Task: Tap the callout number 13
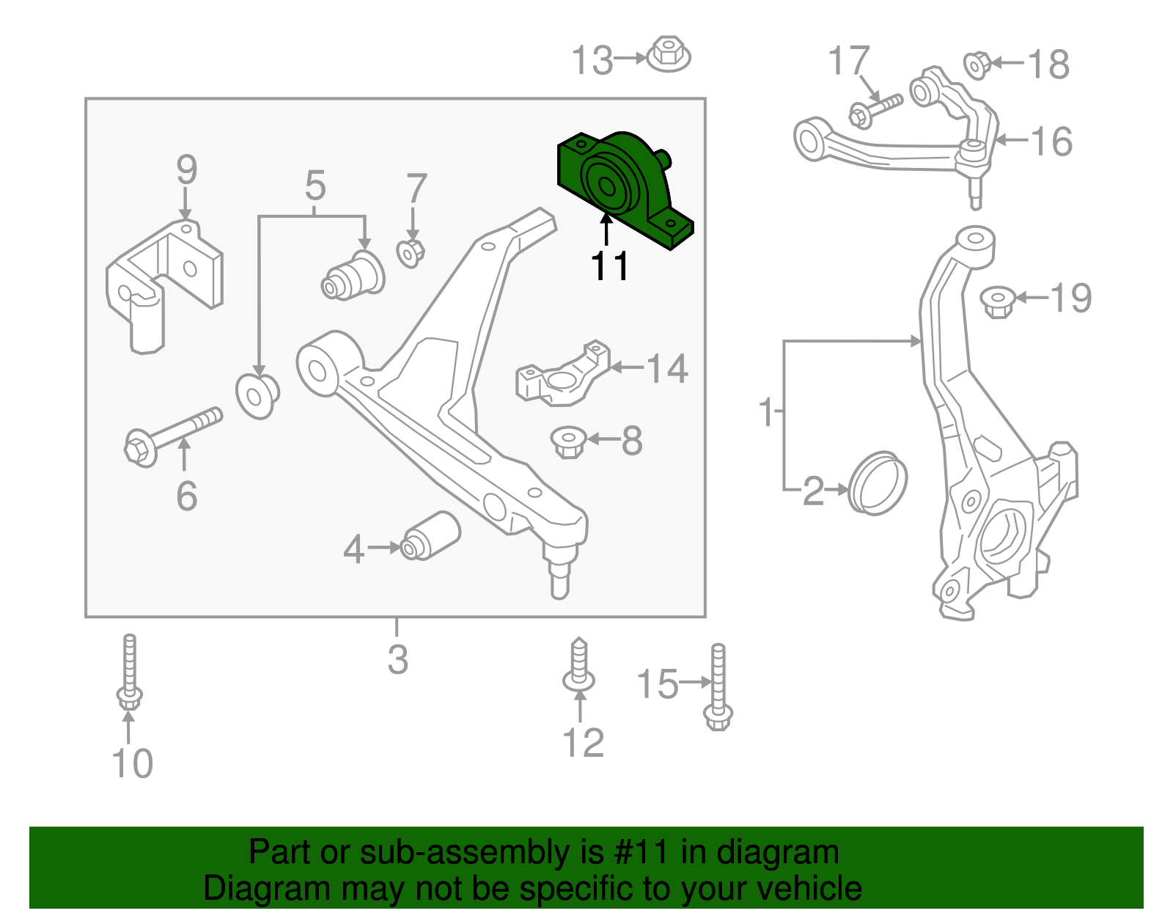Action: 592,61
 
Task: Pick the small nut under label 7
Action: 411,253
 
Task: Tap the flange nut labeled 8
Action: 568,441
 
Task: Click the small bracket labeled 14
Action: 563,374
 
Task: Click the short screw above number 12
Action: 579,666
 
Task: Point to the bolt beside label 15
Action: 718,687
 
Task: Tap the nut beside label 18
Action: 977,65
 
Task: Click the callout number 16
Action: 1052,141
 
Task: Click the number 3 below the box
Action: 397,659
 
